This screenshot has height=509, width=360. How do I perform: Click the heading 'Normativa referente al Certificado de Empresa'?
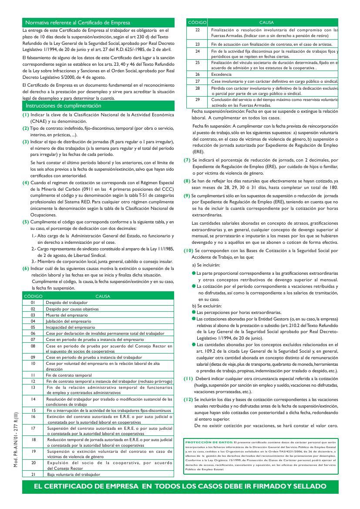(75, 22)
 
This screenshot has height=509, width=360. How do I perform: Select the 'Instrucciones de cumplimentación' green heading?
(64, 106)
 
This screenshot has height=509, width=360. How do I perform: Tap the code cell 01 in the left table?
(33, 302)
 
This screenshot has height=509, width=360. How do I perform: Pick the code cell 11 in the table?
(33, 374)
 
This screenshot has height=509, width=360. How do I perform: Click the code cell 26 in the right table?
(197, 74)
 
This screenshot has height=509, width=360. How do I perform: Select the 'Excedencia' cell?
(222, 74)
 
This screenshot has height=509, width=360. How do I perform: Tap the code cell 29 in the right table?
(197, 99)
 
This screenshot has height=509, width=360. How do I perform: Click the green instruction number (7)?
(187, 160)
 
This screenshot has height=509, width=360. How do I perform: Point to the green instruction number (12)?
(188, 399)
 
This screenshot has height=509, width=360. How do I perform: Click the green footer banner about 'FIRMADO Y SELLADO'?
(180, 486)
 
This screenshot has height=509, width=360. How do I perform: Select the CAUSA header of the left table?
(103, 296)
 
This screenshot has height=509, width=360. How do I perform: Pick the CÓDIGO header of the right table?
(197, 22)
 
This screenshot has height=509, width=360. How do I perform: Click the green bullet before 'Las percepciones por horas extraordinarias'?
(194, 312)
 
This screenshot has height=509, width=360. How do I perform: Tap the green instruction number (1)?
(26, 115)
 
